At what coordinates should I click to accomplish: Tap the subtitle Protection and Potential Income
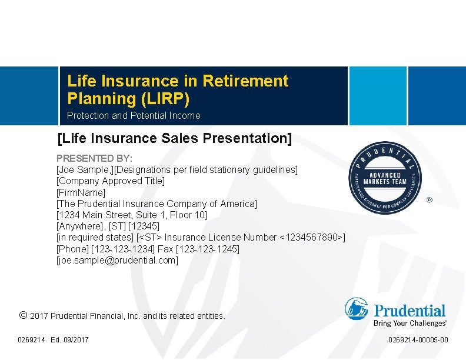(x=134, y=116)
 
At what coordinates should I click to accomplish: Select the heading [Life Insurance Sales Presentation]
(x=174, y=138)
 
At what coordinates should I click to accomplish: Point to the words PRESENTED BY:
(x=94, y=158)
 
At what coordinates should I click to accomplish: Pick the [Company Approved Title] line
(x=111, y=181)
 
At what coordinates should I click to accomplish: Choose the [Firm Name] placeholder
(x=81, y=192)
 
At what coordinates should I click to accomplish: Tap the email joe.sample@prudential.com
(x=117, y=259)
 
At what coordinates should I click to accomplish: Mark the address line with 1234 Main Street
(x=132, y=215)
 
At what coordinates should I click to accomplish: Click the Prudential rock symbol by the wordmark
(x=357, y=309)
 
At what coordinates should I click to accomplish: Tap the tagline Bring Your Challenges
(x=410, y=323)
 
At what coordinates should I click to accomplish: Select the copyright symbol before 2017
(x=23, y=315)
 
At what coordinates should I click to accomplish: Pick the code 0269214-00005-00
(x=418, y=340)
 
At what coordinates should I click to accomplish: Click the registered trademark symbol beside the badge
(x=429, y=200)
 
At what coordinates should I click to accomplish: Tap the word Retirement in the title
(x=245, y=81)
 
